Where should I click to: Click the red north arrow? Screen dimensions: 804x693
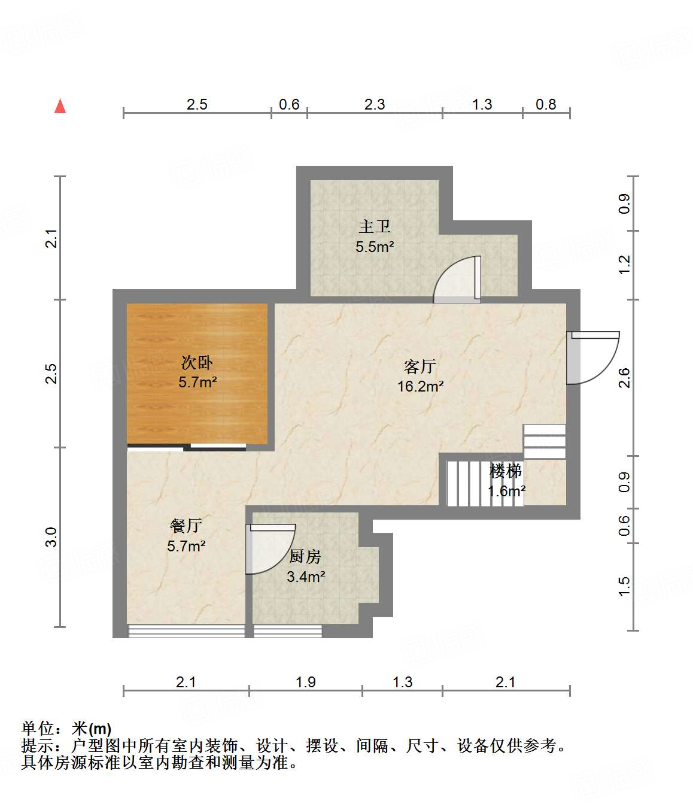[60, 106]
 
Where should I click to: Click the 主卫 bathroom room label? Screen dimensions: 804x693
[375, 226]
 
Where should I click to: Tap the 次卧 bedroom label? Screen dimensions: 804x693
[197, 362]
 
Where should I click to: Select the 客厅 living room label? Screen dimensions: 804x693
[420, 366]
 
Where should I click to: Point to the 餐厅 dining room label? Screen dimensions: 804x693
[186, 526]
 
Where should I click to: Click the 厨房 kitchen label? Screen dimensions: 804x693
[305, 556]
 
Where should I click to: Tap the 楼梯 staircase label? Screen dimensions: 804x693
[506, 471]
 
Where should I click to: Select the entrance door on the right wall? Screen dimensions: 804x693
[591, 357]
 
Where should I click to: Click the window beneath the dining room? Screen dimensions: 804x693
[187, 630]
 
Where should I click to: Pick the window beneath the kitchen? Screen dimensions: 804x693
[288, 630]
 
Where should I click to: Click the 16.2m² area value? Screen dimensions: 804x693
[420, 386]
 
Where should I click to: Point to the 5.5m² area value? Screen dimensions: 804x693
[375, 246]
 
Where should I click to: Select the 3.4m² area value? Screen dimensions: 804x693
[306, 577]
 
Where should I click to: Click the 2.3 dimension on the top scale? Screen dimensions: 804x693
[375, 104]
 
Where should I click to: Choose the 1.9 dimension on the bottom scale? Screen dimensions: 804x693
[305, 682]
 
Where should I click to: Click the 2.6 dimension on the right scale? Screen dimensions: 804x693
[624, 377]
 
